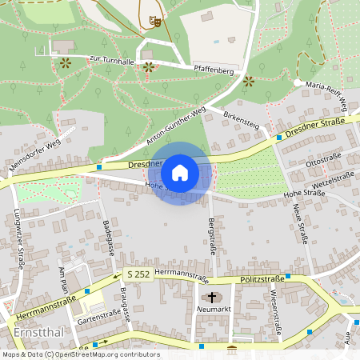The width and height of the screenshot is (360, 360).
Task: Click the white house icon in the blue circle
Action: pyautogui.click(x=180, y=173)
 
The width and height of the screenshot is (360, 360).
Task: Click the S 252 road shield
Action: pyautogui.click(x=137, y=274)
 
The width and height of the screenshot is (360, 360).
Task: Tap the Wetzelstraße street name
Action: pyautogui.click(x=330, y=179)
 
